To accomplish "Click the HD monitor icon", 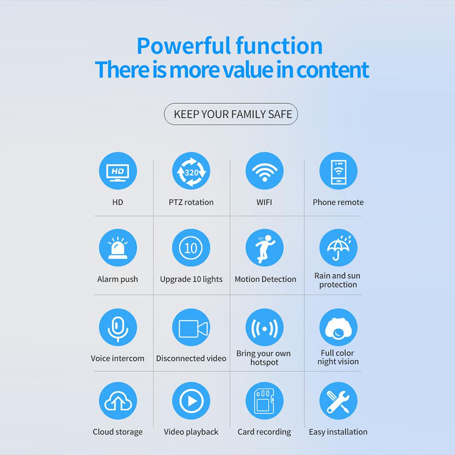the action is pyautogui.click(x=118, y=171).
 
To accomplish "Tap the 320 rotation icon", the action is pyautogui.click(x=191, y=171).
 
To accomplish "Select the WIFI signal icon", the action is pyautogui.click(x=264, y=171).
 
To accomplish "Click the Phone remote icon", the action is pyautogui.click(x=339, y=171).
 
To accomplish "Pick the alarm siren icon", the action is pyautogui.click(x=118, y=248).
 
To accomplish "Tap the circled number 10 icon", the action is pyautogui.click(x=191, y=248).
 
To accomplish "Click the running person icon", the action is pyautogui.click(x=264, y=248).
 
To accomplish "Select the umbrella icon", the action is pyautogui.click(x=339, y=248).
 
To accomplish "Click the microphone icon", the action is pyautogui.click(x=118, y=327).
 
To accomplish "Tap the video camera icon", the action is pyautogui.click(x=191, y=327).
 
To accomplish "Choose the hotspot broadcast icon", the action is pyautogui.click(x=264, y=327).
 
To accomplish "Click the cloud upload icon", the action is pyautogui.click(x=118, y=401).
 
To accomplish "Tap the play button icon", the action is pyautogui.click(x=191, y=401).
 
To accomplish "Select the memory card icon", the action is pyautogui.click(x=264, y=401).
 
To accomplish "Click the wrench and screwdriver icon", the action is pyautogui.click(x=339, y=401).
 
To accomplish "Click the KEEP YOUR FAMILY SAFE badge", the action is pyautogui.click(x=231, y=114).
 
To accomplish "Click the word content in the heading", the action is pyautogui.click(x=333, y=70).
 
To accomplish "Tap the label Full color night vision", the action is pyautogui.click(x=338, y=357).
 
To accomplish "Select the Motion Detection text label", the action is pyautogui.click(x=265, y=279).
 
